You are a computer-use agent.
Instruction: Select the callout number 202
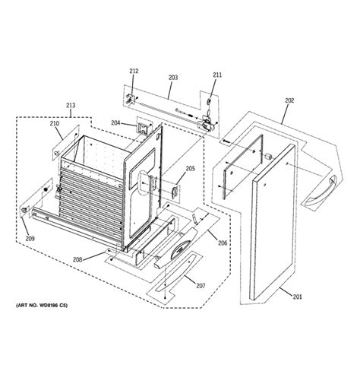pos(289,100)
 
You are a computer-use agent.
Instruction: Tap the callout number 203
pos(172,77)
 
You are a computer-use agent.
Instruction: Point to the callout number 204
pos(116,123)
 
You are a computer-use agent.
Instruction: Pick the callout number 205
pos(191,169)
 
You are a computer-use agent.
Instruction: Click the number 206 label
pos(223,243)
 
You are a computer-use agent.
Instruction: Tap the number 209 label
pos(30,240)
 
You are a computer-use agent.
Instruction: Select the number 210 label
pos(55,123)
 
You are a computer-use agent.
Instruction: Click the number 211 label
pos(217,75)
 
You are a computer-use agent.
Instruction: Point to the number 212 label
pos(134,71)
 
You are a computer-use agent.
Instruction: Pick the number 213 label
pos(71,106)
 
